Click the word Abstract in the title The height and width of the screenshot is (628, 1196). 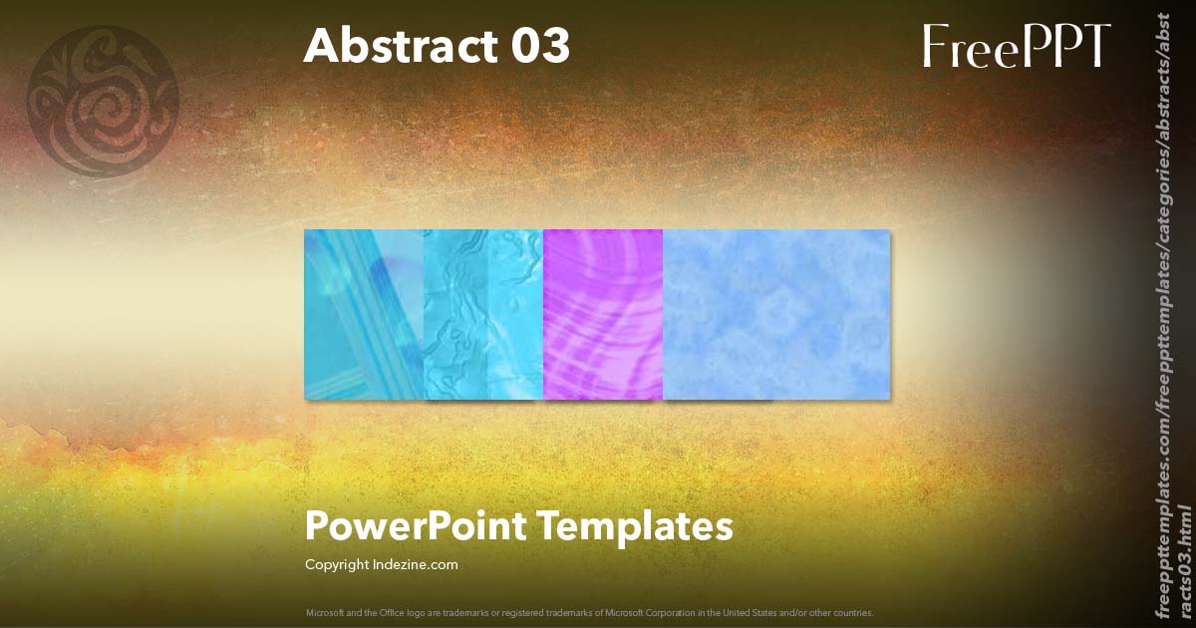pyautogui.click(x=394, y=46)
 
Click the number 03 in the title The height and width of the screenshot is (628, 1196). pyautogui.click(x=537, y=46)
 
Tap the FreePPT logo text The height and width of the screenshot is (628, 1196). pyautogui.click(x=1016, y=46)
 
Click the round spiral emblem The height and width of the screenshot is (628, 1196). pyautogui.click(x=104, y=103)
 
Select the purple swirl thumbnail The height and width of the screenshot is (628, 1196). pyautogui.click(x=603, y=314)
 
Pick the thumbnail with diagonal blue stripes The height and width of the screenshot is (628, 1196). pyautogui.click(x=364, y=314)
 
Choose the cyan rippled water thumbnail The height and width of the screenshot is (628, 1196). pyautogui.click(x=483, y=314)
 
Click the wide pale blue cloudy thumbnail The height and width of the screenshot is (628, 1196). pyautogui.click(x=775, y=314)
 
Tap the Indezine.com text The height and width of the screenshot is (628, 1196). pyautogui.click(x=419, y=565)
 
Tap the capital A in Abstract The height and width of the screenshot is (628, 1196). pyautogui.click(x=321, y=46)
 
